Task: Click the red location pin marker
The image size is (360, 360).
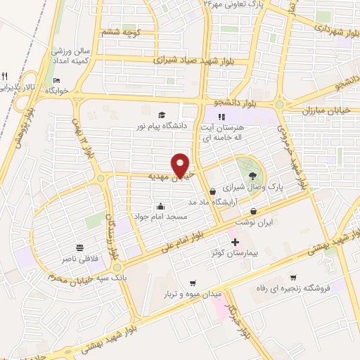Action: tap(181, 165)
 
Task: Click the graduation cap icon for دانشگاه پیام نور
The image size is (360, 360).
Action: tap(162, 115)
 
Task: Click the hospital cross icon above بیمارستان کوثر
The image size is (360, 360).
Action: tap(235, 242)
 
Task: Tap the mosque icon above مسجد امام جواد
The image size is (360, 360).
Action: tap(162, 206)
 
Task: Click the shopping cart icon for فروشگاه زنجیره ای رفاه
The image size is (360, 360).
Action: tap(293, 277)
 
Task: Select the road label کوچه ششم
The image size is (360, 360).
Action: tap(122, 32)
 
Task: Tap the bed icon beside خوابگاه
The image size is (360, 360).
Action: tap(58, 80)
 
